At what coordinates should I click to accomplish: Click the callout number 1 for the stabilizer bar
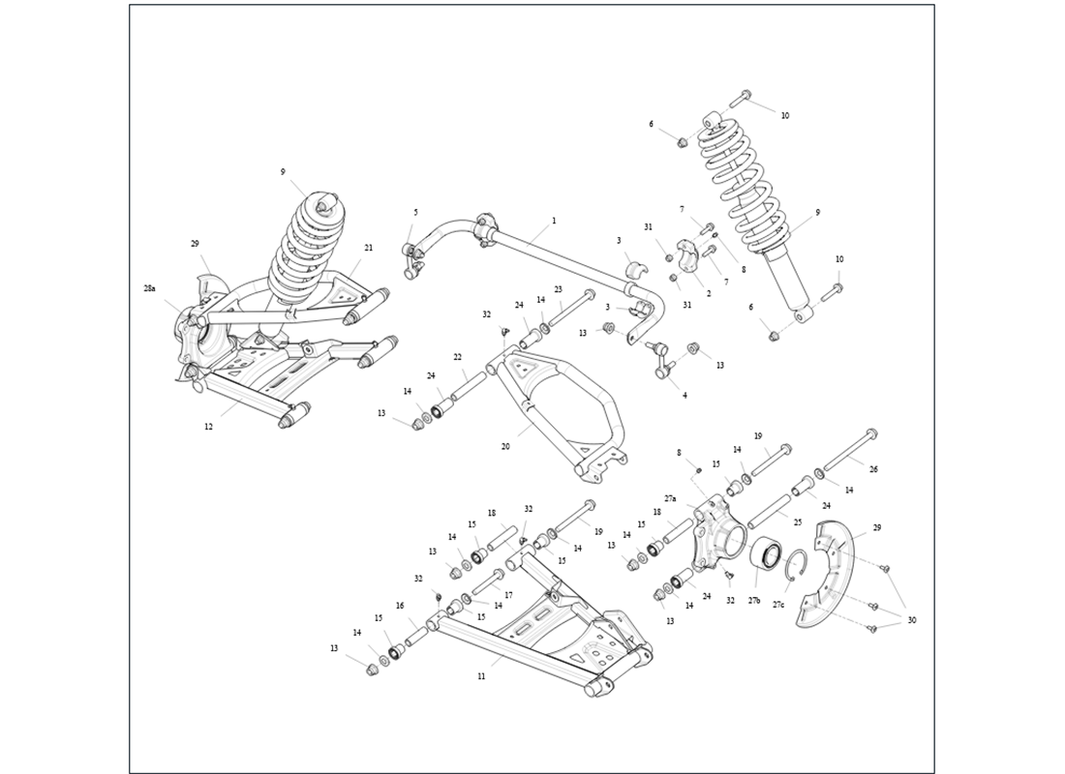[x=554, y=221]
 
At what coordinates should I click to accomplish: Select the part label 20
[x=505, y=447]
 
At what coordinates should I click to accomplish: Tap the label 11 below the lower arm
[x=481, y=676]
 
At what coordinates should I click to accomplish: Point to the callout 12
[x=208, y=427]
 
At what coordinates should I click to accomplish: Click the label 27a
[x=671, y=498]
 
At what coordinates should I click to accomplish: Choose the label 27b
[x=754, y=602]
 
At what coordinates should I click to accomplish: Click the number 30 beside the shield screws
[x=911, y=620]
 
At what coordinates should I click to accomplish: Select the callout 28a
[x=149, y=288]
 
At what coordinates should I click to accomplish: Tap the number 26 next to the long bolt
[x=873, y=469]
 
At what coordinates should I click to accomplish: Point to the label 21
[x=368, y=248]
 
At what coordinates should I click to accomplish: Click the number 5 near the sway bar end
[x=415, y=212]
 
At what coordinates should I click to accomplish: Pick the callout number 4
[x=685, y=395]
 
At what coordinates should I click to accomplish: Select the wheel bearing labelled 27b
[x=767, y=558]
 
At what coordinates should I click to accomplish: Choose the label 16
[x=399, y=606]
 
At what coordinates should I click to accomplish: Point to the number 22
[x=457, y=358]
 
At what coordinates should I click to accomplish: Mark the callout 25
[x=797, y=522]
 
